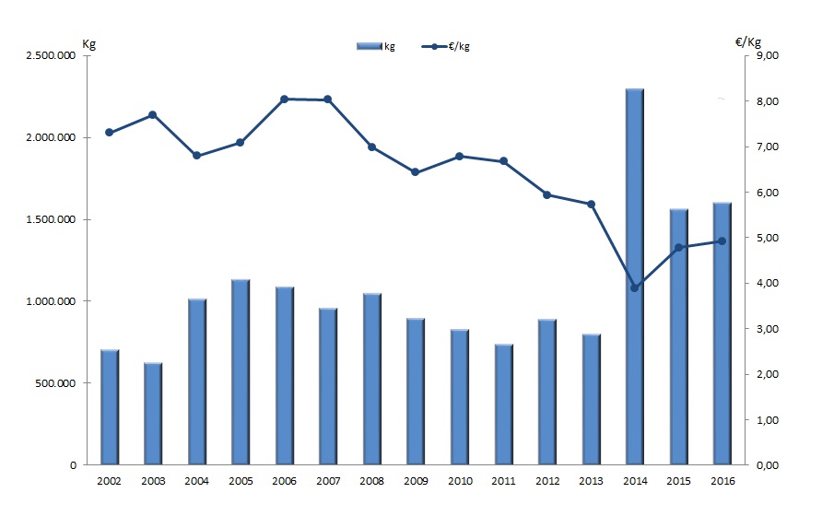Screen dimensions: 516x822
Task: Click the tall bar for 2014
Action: tap(634, 276)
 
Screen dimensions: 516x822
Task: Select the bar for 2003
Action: tap(153, 414)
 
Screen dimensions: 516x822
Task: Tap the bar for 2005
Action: tap(241, 372)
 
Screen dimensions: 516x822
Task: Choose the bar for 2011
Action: tap(503, 405)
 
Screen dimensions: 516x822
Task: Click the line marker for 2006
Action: tap(285, 99)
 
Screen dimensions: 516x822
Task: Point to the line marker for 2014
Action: tap(634, 287)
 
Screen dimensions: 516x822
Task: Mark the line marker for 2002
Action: tap(110, 133)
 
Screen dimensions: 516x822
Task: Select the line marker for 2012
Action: tap(546, 194)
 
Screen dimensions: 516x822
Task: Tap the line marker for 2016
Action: tap(722, 241)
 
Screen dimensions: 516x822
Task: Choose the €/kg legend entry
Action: tap(452, 46)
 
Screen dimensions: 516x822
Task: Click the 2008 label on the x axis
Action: tap(371, 481)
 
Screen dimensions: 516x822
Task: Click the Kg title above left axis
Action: tap(88, 41)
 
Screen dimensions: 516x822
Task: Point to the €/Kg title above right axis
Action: tap(748, 41)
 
